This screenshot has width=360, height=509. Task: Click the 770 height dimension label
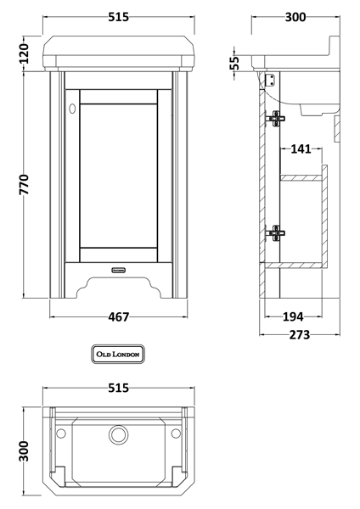click(x=24, y=185)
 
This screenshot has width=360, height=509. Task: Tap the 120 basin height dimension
click(x=24, y=53)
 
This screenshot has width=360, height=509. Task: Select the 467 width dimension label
click(x=119, y=316)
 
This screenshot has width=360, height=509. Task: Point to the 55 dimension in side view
click(x=234, y=63)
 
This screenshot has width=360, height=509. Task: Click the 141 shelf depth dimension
click(x=301, y=149)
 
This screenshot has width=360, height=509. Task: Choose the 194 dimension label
click(x=293, y=316)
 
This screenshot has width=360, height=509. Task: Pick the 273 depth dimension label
click(x=299, y=335)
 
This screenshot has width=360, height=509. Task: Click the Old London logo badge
click(x=118, y=354)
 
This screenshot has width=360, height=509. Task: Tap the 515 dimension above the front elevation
click(x=119, y=17)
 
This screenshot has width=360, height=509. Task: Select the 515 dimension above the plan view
click(x=119, y=388)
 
